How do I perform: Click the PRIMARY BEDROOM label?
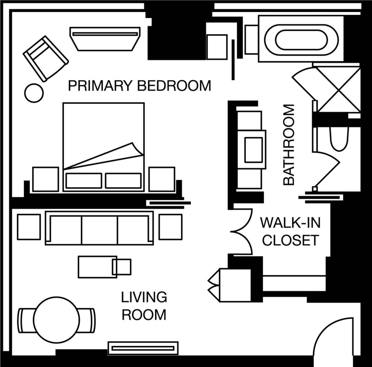click(139, 86)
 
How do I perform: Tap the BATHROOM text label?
click(289, 144)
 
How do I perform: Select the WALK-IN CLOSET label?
click(291, 231)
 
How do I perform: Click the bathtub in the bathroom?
click(301, 40)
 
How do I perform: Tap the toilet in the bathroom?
click(339, 139)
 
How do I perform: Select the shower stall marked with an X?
click(339, 89)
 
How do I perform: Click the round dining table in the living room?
click(57, 319)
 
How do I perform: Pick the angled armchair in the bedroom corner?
click(46, 58)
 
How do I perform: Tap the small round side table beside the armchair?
click(34, 93)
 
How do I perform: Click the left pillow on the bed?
click(84, 181)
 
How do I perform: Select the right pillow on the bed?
click(124, 181)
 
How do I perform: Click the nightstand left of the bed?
click(45, 179)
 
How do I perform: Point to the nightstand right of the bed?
click(162, 179)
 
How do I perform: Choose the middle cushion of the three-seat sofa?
click(99, 230)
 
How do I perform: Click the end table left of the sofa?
click(29, 227)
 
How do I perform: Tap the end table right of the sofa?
click(171, 227)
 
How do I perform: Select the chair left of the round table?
click(26, 320)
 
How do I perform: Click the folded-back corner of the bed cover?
click(138, 149)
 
